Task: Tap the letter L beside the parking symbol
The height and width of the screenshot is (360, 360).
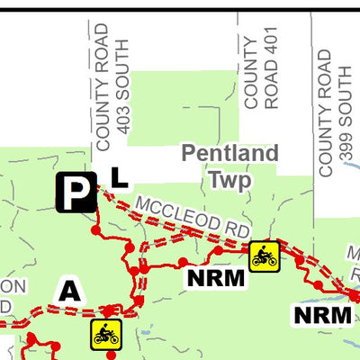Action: pyautogui.click(x=119, y=177)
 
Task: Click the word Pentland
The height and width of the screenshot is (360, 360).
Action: pyautogui.click(x=229, y=154)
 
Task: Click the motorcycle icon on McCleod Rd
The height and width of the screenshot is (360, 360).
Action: pyautogui.click(x=264, y=256)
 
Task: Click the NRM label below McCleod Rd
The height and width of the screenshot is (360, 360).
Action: pyautogui.click(x=216, y=278)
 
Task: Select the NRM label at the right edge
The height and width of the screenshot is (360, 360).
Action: pyautogui.click(x=322, y=315)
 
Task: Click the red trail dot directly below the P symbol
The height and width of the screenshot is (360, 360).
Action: pyautogui.click(x=96, y=229)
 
